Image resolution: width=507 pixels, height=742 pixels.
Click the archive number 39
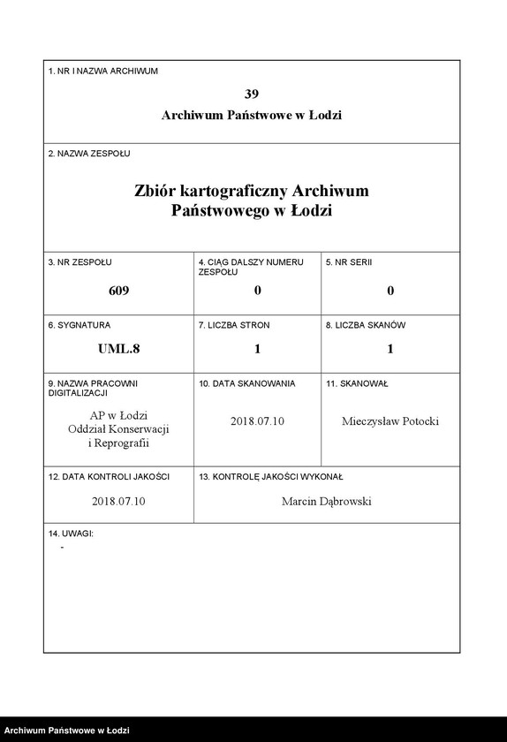(x=252, y=93)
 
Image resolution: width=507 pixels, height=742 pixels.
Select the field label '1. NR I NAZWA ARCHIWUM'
(x=102, y=71)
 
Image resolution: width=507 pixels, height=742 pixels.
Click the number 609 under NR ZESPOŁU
(x=118, y=291)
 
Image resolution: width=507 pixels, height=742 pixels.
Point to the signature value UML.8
(x=118, y=349)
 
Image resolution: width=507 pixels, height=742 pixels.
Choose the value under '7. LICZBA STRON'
(x=257, y=349)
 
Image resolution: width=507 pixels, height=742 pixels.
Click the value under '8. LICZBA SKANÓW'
(x=390, y=349)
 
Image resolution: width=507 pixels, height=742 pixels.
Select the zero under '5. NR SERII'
(x=390, y=291)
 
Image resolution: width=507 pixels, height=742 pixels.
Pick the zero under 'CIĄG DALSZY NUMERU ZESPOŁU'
(x=257, y=291)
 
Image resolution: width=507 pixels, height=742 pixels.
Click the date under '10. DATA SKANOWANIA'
(x=257, y=421)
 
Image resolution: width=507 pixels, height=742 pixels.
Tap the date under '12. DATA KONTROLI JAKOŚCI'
(x=118, y=501)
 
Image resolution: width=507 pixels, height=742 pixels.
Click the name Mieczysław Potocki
(x=390, y=421)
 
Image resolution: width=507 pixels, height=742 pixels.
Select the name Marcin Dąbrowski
(x=326, y=501)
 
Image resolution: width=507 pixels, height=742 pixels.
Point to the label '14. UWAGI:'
(x=71, y=534)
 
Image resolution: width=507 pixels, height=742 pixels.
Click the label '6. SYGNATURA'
(x=79, y=325)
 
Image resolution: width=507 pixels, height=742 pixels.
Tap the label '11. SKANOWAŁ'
(x=357, y=384)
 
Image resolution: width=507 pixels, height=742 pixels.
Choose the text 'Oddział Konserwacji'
(x=118, y=428)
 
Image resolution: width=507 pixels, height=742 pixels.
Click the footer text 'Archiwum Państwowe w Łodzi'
(x=67, y=731)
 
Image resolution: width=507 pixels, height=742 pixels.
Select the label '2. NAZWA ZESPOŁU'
(x=88, y=153)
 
